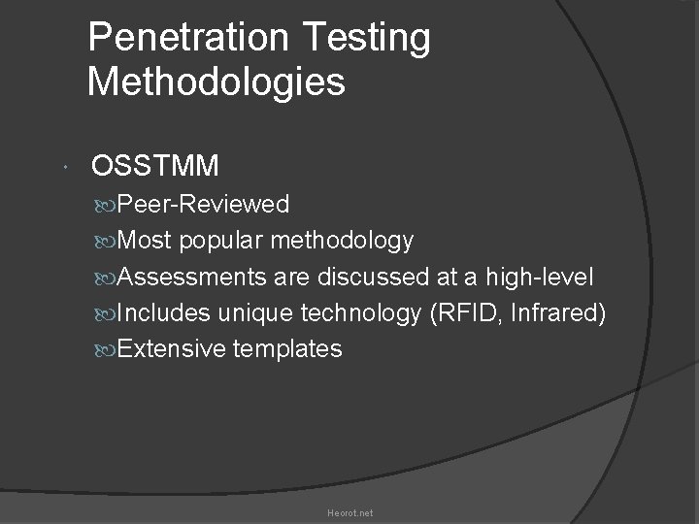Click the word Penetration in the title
point(186,39)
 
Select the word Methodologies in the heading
point(216,82)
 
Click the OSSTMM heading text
point(155,167)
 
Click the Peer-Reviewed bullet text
point(203,204)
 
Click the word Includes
point(164,312)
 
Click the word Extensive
point(172,348)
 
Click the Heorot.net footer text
point(349,512)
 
